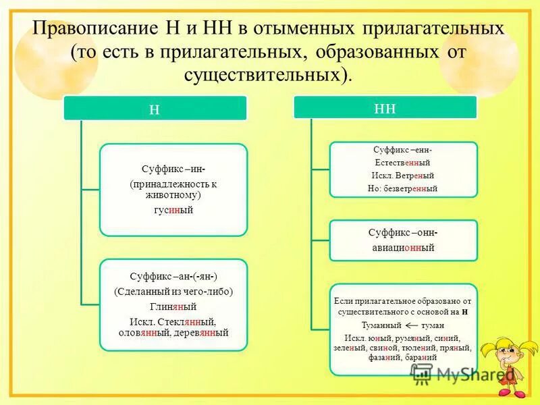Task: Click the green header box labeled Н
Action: (x=155, y=109)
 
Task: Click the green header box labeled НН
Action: (x=385, y=108)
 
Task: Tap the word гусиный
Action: (x=174, y=210)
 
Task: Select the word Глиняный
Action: (x=173, y=306)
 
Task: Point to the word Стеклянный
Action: (x=191, y=320)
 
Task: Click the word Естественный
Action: (x=403, y=163)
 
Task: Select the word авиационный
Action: (x=403, y=248)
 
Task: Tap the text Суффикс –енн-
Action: (x=403, y=150)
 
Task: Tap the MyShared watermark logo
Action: (x=463, y=373)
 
